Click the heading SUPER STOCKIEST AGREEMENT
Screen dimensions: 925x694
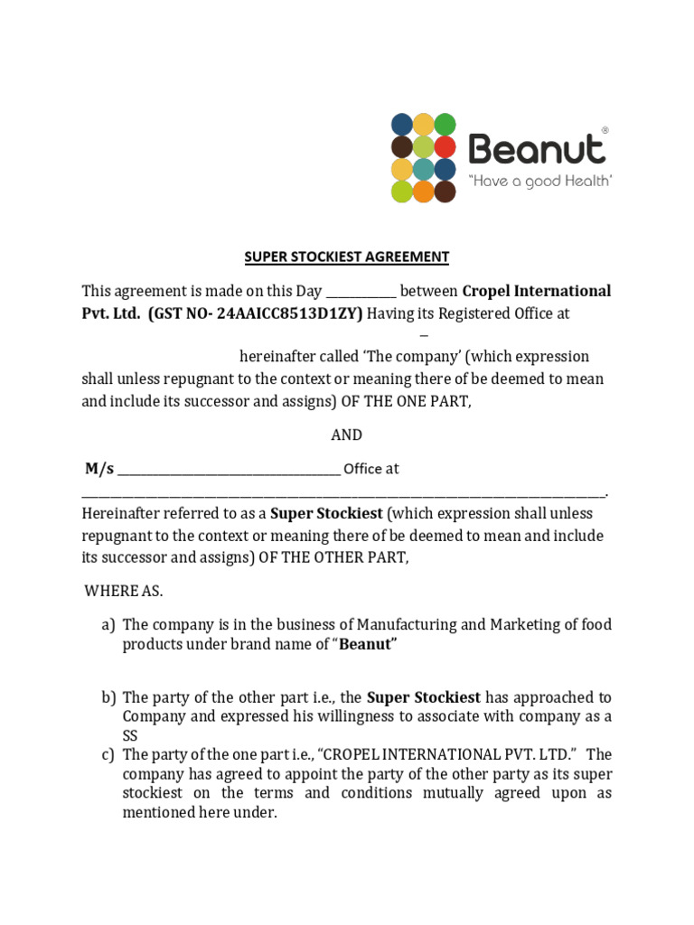346,257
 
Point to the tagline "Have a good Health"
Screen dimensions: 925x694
540,181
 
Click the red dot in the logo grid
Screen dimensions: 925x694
445,146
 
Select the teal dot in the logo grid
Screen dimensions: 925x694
423,169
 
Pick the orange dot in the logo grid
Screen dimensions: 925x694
423,192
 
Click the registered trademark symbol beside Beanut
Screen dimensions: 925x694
605,131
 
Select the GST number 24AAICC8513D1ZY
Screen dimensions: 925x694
284,313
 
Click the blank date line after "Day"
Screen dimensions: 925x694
360,292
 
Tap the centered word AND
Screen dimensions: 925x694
346,434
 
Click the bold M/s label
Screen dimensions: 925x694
99,469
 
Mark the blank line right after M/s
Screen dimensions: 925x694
229,471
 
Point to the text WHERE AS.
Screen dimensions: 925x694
124,591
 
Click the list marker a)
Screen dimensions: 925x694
108,625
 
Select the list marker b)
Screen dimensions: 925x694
108,697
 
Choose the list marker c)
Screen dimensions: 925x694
108,754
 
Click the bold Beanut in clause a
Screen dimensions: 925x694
369,644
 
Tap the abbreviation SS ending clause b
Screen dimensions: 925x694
132,736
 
